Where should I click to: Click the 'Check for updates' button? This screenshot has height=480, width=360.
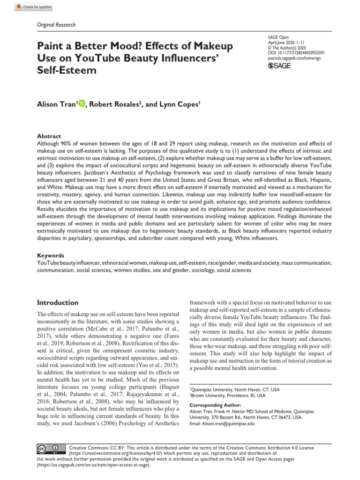tap(35, 7)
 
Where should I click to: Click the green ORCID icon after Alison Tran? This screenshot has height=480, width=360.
tap(82, 104)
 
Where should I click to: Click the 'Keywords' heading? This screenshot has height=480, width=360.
tap(51, 255)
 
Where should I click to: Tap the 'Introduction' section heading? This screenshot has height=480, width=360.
tap(58, 302)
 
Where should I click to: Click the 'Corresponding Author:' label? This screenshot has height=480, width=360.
tap(215, 405)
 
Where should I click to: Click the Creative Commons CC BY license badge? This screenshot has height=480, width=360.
tap(50, 449)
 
